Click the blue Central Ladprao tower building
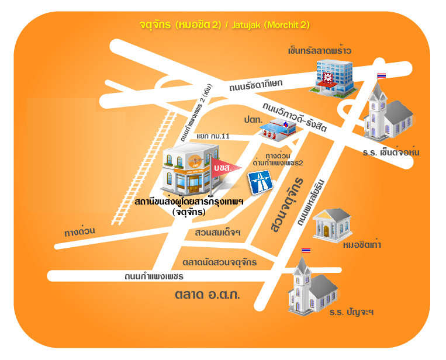coord(331,79)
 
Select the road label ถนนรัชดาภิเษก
coord(256,85)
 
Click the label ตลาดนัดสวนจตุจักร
coord(220,262)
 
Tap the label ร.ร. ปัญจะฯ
coord(351,312)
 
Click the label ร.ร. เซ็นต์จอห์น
coord(390,153)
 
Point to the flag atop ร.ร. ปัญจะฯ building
coord(306,250)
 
